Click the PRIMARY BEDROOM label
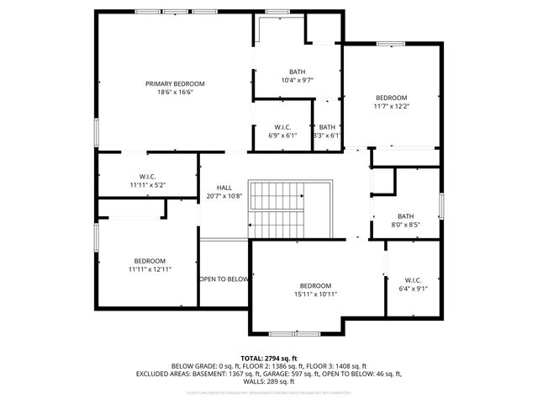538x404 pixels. point(175,83)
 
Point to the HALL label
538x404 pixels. point(224,188)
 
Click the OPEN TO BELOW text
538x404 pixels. point(224,279)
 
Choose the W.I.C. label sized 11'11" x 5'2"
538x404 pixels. point(147,175)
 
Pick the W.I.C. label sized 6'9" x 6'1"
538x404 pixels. point(282,126)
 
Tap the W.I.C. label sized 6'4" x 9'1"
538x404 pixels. point(413,279)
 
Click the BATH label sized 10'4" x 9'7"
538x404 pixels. point(298,72)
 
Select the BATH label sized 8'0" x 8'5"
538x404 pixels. point(406,215)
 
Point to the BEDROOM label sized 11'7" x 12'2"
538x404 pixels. point(391,98)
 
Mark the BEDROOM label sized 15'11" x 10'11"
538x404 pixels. point(316,285)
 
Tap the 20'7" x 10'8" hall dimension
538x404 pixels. point(224,196)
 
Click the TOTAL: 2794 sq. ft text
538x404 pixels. point(268,358)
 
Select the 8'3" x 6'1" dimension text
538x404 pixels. point(326,135)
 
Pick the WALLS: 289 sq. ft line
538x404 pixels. point(268,382)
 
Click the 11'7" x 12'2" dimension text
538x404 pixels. point(391,106)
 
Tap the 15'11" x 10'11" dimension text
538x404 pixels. point(316,294)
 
